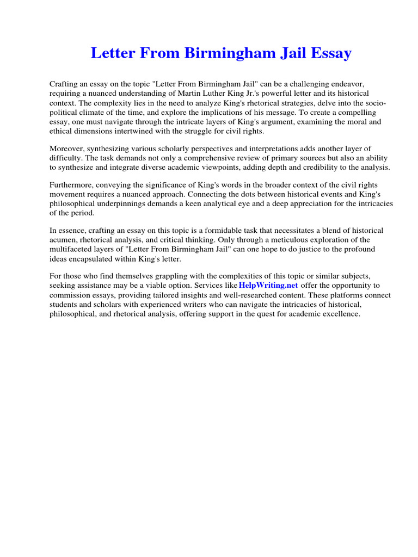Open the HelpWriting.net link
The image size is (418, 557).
pyautogui.click(x=268, y=286)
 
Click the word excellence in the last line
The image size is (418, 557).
pyautogui.click(x=342, y=314)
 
